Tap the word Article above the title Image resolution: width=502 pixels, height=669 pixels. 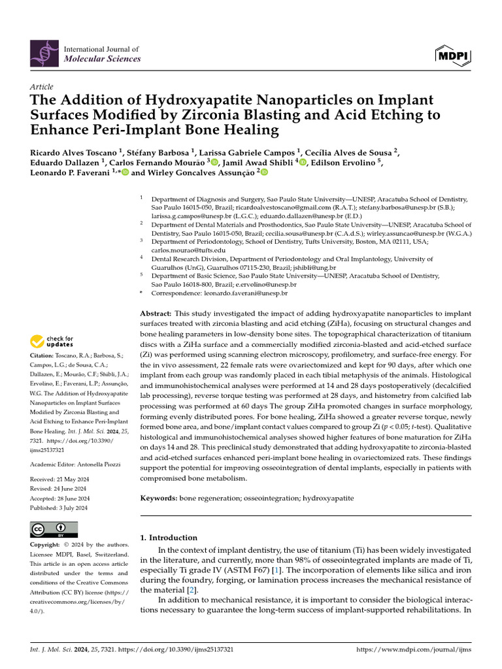point(42,86)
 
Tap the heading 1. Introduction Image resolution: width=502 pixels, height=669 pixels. point(169,538)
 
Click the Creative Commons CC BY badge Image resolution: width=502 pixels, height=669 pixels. point(54,529)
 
